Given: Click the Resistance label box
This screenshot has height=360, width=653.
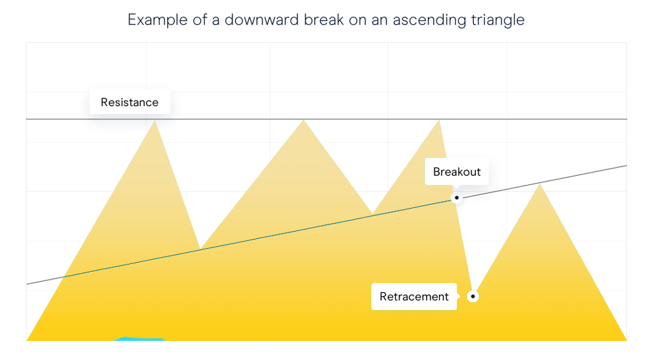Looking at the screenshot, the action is coord(130,102).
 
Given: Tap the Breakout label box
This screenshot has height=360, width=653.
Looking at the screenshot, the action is coord(457,172).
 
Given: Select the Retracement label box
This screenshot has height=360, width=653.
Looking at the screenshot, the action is coord(414,296).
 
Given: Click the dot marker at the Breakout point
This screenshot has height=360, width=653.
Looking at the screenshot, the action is coord(457,197).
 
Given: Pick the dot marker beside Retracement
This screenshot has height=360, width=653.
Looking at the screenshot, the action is coord(473,296).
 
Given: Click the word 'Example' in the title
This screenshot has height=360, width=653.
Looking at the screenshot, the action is coord(157,20).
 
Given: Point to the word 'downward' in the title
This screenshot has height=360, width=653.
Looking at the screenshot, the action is coord(261,20).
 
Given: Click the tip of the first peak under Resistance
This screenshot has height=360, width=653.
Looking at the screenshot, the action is coord(155,120).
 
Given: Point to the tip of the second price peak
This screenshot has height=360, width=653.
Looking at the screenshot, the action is coord(303,120).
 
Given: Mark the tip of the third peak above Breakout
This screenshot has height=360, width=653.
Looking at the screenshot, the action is coord(439,120).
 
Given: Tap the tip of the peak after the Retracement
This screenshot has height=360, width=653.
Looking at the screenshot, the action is coord(540,184).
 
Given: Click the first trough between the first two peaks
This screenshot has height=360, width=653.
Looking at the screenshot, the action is coord(200,249).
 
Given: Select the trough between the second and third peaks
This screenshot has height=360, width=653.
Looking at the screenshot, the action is coord(373,214).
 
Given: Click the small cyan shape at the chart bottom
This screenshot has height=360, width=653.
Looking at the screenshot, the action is coord(140,339).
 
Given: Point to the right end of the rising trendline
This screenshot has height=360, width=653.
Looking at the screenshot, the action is coord(627,166).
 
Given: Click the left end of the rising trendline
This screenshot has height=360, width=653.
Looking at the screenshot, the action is coord(26,284).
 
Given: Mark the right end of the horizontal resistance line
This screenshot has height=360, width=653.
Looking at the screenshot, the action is coord(627,119).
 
